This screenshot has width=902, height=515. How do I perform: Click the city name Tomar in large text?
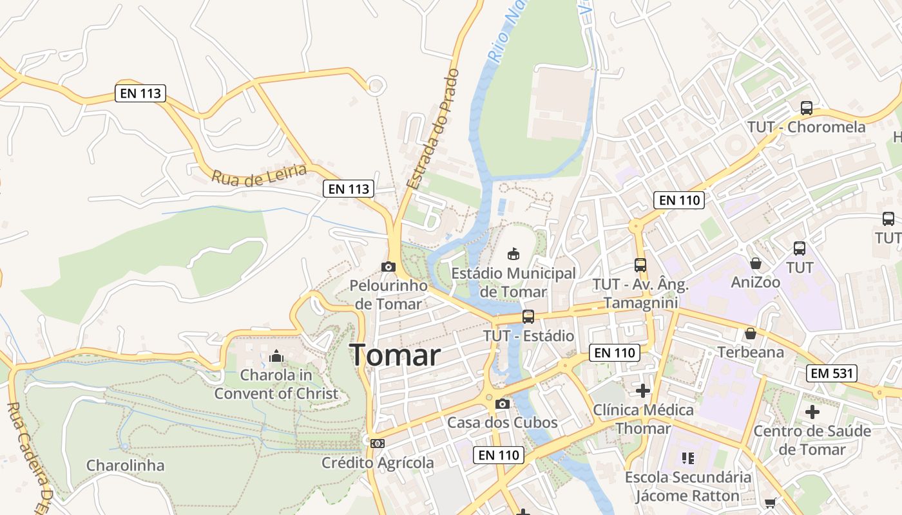click(395, 355)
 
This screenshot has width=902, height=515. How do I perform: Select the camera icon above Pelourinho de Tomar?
click(388, 267)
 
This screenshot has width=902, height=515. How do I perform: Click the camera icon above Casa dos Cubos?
click(503, 404)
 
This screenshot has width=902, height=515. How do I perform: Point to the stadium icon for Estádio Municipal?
click(513, 254)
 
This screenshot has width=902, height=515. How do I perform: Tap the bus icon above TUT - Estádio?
click(528, 316)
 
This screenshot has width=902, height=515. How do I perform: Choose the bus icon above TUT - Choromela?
click(806, 108)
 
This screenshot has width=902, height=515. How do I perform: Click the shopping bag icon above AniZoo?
click(755, 263)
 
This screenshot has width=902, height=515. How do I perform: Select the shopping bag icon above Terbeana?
click(750, 333)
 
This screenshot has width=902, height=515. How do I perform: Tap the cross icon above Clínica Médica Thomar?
click(642, 390)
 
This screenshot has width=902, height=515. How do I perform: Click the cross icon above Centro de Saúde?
click(812, 411)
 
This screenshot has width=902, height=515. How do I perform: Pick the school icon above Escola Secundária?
click(687, 458)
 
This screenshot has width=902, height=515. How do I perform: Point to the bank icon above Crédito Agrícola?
click(378, 443)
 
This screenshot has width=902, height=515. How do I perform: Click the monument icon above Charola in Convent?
click(276, 356)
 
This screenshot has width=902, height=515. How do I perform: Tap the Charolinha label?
click(125, 465)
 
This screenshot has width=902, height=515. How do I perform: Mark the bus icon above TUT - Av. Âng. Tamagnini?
click(640, 265)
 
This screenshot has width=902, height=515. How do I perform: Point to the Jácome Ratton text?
click(687, 496)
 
